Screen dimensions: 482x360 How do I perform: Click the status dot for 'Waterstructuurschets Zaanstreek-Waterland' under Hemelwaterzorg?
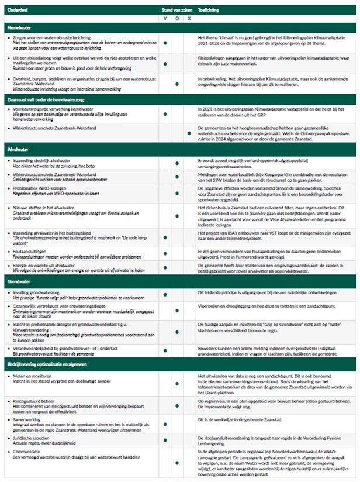click(x=188, y=134)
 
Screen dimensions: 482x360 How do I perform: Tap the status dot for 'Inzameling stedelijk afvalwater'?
click(x=166, y=161)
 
